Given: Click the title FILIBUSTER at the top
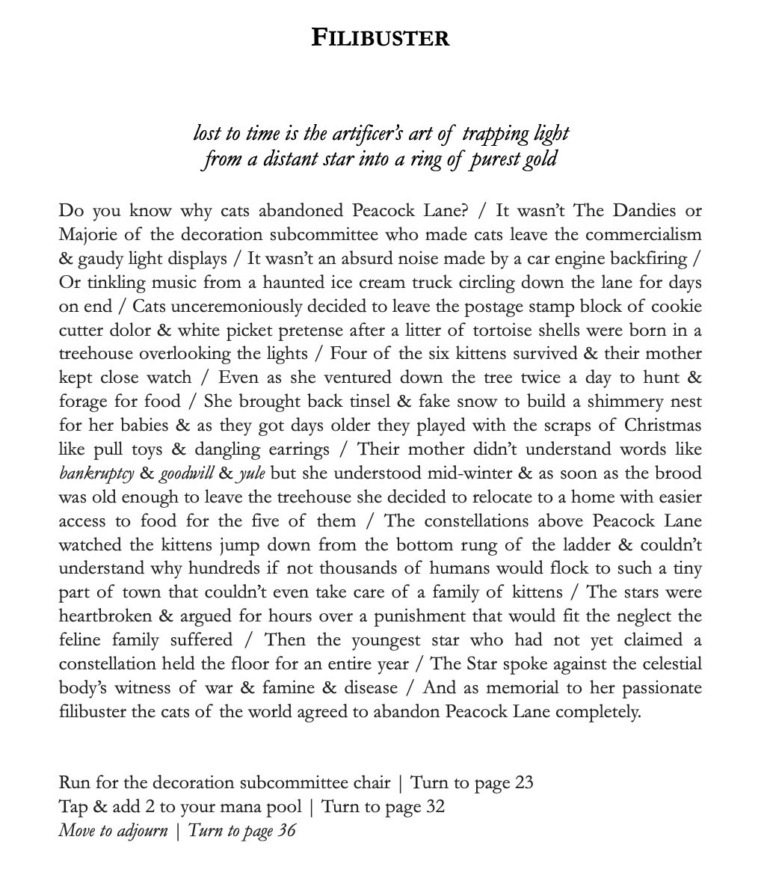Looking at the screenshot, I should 380,37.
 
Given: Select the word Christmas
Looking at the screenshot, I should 665,426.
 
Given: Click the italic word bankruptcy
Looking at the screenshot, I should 94,473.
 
